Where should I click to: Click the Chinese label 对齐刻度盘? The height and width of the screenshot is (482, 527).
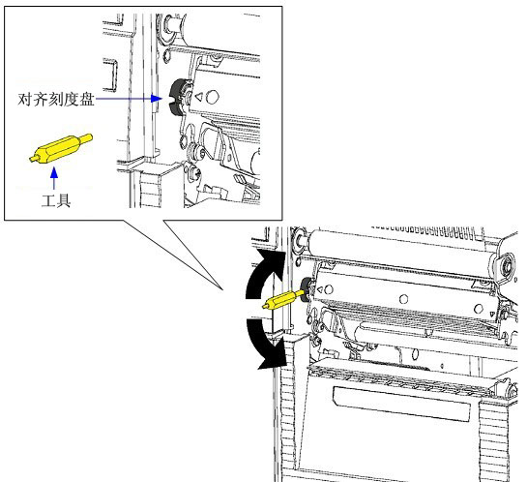[56, 100]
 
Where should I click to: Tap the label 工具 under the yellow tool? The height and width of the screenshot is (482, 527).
[56, 200]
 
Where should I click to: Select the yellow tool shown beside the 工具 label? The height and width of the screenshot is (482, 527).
[61, 148]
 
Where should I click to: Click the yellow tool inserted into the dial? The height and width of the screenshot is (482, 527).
[283, 299]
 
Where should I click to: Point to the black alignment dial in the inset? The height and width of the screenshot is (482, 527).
[178, 97]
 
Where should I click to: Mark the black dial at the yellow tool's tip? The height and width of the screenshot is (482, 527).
[307, 289]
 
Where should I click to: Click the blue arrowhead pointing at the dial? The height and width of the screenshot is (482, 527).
[157, 99]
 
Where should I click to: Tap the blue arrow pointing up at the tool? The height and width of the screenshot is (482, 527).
[54, 178]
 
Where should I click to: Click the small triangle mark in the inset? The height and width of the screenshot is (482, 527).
[198, 97]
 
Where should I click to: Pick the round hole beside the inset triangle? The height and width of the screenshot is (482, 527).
[212, 97]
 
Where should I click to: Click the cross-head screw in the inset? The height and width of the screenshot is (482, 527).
[194, 173]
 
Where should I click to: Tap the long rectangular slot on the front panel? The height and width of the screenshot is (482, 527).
[401, 404]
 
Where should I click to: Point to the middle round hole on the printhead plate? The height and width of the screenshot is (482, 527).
[403, 299]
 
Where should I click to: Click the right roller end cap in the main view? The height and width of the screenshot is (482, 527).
[504, 266]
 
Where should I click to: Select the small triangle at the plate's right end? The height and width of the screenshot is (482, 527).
[492, 314]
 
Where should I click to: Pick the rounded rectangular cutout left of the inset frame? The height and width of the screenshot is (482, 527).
[109, 75]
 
